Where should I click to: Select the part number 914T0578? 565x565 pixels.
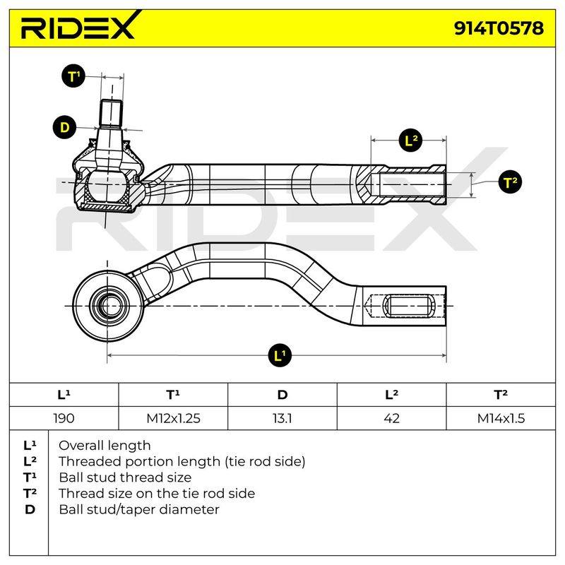[499, 28]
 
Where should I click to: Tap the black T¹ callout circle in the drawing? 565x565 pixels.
[73, 76]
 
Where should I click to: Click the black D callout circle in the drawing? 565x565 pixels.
[64, 127]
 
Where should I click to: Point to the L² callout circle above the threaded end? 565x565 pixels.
[410, 140]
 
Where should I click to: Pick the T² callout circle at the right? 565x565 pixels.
[511, 182]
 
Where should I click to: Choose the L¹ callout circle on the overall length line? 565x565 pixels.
[280, 356]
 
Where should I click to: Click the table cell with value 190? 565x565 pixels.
[64, 418]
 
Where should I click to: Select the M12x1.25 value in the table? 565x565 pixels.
[173, 418]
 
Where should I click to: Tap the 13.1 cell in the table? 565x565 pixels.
[282, 418]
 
